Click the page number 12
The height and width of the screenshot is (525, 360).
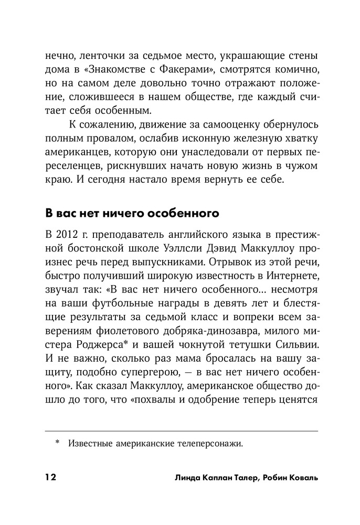click(50, 477)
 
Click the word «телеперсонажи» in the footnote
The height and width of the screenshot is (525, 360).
click(210, 444)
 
